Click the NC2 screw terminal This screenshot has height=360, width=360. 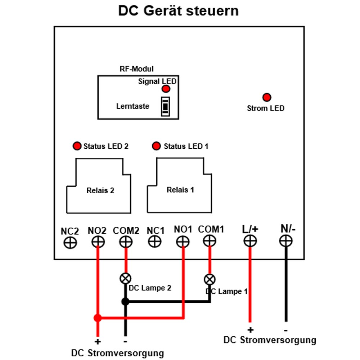(70, 243)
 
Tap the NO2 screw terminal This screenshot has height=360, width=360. (98, 242)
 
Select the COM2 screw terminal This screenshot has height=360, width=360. (126, 242)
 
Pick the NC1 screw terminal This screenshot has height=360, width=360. (155, 241)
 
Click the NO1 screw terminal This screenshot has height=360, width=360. (183, 242)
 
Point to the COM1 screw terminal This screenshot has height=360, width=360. (210, 241)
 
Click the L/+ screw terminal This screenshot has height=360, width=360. (250, 241)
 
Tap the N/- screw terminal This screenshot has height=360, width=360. (286, 241)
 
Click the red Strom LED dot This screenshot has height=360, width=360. (267, 97)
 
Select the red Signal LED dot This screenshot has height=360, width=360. (166, 89)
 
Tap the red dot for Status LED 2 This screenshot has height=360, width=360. (77, 146)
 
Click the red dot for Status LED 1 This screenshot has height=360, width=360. (156, 146)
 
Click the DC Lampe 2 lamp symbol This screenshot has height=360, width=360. (126, 279)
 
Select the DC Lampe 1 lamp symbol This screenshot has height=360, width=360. (210, 279)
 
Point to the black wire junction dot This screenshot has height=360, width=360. (125, 301)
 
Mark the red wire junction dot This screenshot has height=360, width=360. (98, 318)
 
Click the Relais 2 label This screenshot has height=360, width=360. (100, 190)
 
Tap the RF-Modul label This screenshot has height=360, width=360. (136, 69)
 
